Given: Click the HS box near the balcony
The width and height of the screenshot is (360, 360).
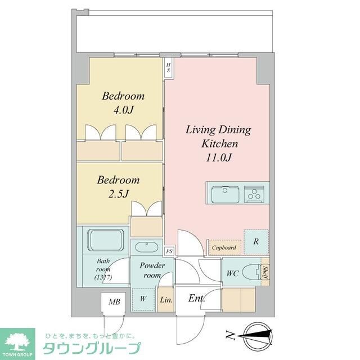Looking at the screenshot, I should click(168, 67).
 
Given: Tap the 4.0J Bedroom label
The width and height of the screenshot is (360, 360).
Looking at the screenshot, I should click(123, 102).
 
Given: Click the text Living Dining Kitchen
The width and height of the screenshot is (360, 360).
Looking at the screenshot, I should click(218, 137).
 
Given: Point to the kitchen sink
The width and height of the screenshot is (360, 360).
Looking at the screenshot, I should click(225, 195).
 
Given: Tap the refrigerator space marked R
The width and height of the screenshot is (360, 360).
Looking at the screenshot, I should click(255, 242).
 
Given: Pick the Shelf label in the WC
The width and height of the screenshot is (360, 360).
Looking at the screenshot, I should click(265, 273).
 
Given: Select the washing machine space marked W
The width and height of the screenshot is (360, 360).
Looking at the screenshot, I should click(143, 299).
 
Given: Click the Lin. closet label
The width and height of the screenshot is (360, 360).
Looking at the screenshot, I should click(166, 300).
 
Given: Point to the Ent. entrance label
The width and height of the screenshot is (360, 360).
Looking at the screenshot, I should click(196, 298).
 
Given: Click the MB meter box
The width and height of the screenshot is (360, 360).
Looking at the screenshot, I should click(114, 302).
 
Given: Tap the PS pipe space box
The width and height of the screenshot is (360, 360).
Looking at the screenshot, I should click(169, 252).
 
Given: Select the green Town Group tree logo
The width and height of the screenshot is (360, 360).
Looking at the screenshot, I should click(17, 341).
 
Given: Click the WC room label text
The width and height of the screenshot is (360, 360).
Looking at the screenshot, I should click(233, 273).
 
